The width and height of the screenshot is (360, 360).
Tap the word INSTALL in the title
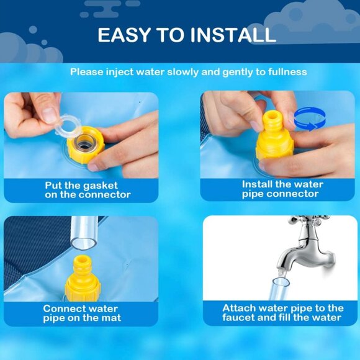tap(233, 35)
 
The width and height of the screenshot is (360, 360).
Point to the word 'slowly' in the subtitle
tap(182, 72)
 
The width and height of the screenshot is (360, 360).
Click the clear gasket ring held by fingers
tap(68, 125)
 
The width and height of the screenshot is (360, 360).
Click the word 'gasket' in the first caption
tap(101, 186)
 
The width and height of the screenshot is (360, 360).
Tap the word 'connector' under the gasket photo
tap(104, 195)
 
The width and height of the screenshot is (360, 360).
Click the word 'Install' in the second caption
tap(257, 184)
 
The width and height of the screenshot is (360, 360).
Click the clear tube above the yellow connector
tap(84, 233)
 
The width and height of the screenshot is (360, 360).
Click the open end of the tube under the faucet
tap(281, 282)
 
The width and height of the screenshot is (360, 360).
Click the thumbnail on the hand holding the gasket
tap(49, 115)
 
